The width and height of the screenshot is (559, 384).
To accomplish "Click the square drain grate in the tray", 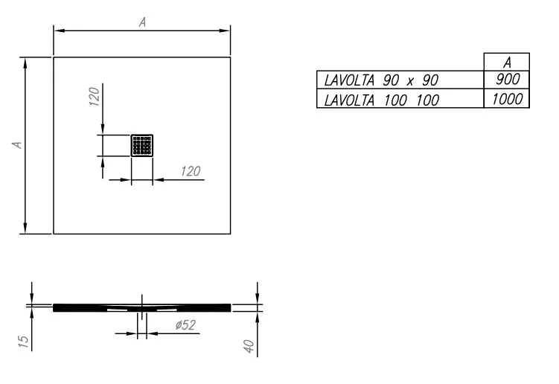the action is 142,145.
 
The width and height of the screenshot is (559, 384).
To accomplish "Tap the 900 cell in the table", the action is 508,79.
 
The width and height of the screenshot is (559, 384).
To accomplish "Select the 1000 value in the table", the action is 508,99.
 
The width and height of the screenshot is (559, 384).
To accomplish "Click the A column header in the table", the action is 507,63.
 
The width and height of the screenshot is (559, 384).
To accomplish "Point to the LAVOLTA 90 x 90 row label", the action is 381,80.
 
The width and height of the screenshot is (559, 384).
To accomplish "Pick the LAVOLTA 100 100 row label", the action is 381,100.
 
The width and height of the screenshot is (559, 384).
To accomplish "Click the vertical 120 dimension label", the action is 94,96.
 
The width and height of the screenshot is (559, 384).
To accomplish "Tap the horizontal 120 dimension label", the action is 191,171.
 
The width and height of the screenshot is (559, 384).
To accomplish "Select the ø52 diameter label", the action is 185,324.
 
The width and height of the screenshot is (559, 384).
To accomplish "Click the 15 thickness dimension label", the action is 23,342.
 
